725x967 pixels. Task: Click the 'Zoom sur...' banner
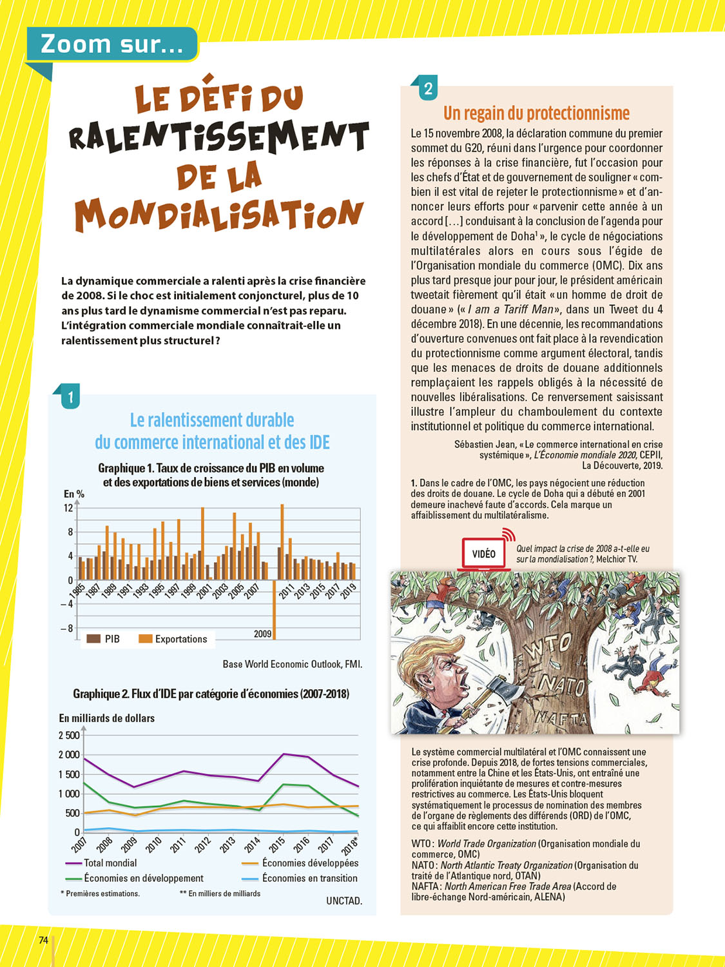point(111,44)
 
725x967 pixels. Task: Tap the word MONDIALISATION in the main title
point(219,214)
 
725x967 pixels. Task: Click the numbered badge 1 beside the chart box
point(70,396)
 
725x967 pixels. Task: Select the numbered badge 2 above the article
point(428,88)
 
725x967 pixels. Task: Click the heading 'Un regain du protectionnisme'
point(536,113)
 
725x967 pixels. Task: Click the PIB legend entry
point(104,639)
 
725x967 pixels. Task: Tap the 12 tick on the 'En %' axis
point(68,508)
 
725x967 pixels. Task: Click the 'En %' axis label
point(74,494)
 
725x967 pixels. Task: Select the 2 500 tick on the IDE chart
point(69,736)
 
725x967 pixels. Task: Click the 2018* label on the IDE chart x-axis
point(349,845)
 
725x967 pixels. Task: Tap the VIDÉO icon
point(484,553)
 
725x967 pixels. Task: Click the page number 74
point(43,940)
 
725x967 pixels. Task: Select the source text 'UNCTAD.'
point(344,901)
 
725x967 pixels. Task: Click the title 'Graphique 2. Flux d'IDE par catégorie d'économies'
point(211,694)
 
